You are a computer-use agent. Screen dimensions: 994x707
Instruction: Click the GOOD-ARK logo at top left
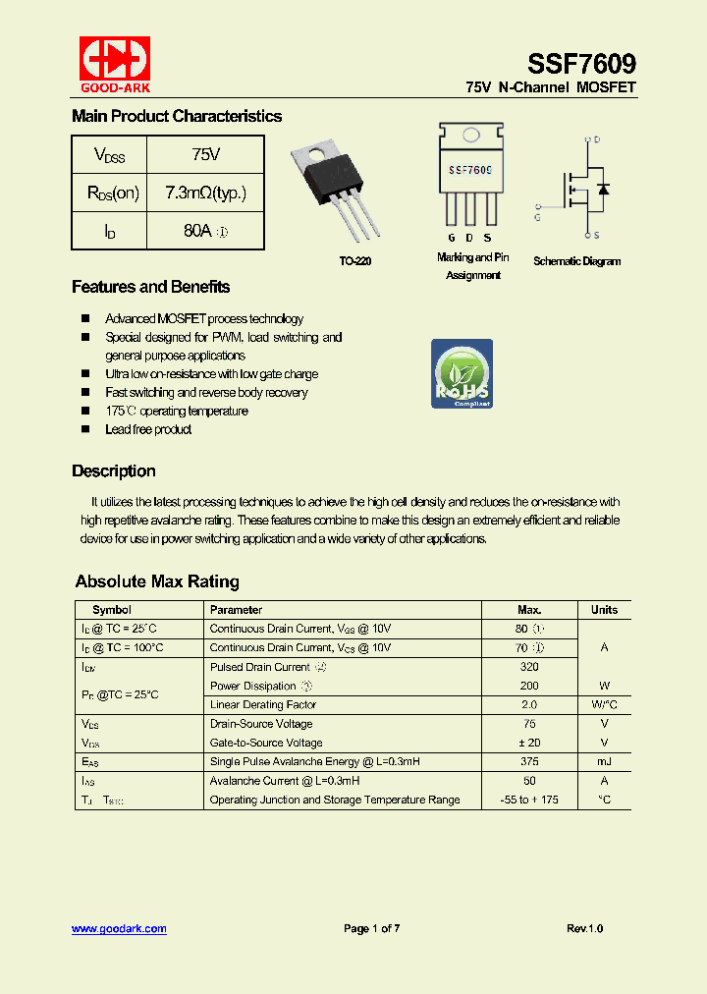pyautogui.click(x=115, y=65)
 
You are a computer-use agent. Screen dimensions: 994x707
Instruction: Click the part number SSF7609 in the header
pyautogui.click(x=581, y=64)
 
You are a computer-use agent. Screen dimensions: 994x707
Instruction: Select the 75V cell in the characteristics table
pyautogui.click(x=205, y=154)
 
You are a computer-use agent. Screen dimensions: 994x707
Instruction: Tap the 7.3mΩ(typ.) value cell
pyautogui.click(x=205, y=193)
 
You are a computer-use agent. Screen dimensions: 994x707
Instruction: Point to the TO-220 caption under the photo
pyautogui.click(x=354, y=261)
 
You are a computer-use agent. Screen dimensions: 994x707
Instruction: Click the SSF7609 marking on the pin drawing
pyautogui.click(x=469, y=170)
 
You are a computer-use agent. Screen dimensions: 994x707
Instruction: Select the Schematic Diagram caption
pyautogui.click(x=576, y=261)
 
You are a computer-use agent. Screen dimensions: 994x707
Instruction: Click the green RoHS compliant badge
pyautogui.click(x=462, y=373)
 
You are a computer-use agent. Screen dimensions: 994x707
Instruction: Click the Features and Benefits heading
pyautogui.click(x=150, y=287)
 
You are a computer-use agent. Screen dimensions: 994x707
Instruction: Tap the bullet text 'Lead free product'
pyautogui.click(x=148, y=429)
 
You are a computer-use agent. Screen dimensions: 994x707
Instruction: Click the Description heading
pyautogui.click(x=113, y=470)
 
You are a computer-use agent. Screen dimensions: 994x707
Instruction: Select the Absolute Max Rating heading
pyautogui.click(x=157, y=581)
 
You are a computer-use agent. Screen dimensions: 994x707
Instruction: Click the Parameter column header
pyautogui.click(x=236, y=610)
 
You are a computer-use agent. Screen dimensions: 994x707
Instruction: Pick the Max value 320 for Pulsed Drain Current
pyautogui.click(x=529, y=667)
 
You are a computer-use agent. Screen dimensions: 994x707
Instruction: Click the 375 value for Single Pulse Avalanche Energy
pyautogui.click(x=529, y=761)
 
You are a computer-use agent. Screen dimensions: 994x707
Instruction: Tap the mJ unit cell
pyautogui.click(x=604, y=761)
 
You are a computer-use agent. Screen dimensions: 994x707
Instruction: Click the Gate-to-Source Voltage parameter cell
pyautogui.click(x=266, y=743)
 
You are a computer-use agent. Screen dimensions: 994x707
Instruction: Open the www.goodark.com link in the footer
pyautogui.click(x=119, y=928)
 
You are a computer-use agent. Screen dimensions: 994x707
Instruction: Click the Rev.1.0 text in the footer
pyautogui.click(x=585, y=928)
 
